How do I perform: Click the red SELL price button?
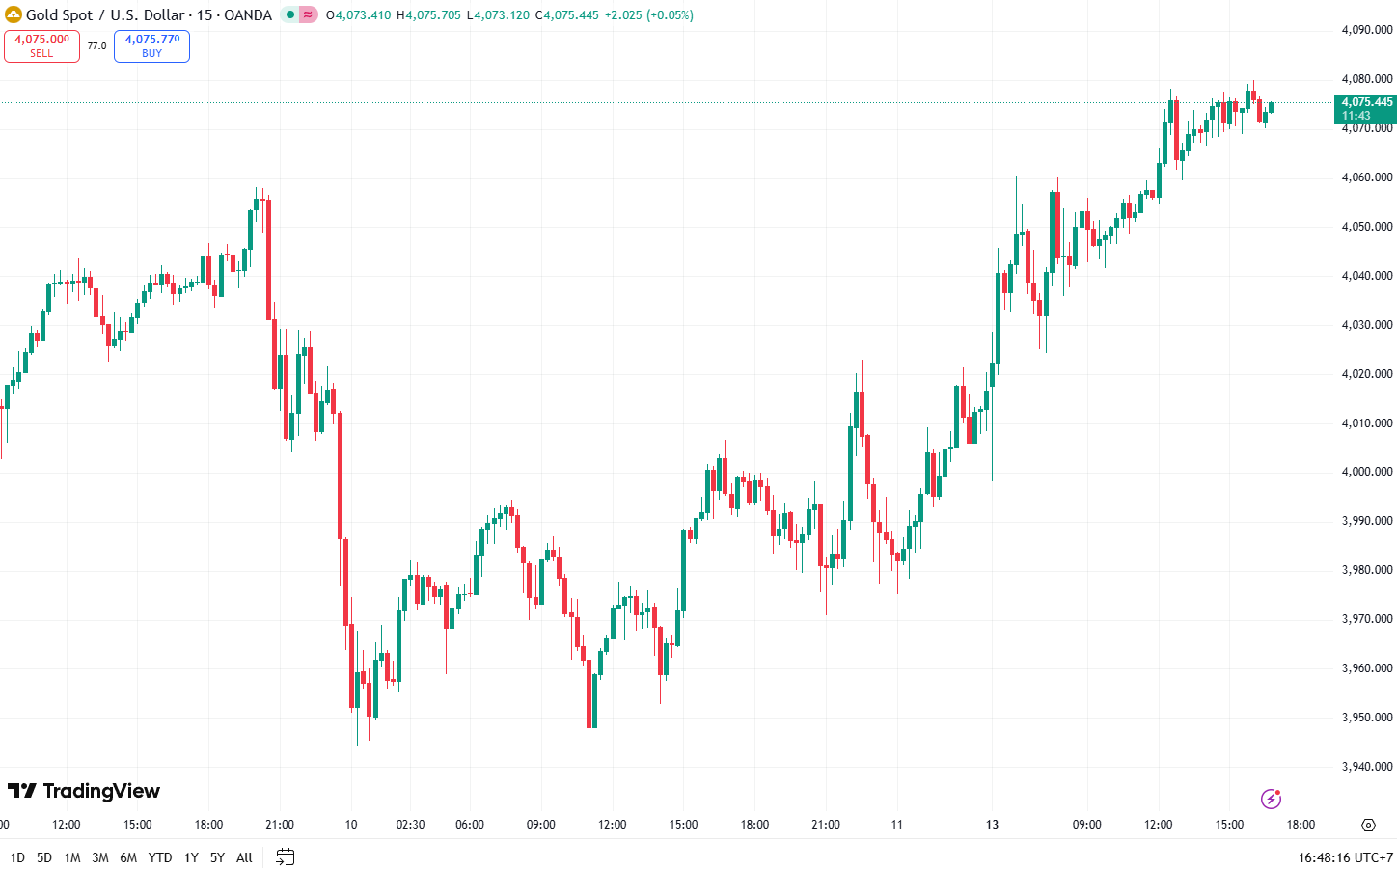pos(41,45)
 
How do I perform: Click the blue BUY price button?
pos(151,45)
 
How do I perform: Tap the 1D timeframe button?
pos(17,857)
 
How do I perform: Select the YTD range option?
pos(160,857)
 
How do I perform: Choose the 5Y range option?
pos(217,857)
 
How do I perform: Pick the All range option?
pos(244,857)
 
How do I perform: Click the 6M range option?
pos(128,857)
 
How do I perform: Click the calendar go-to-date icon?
pos(285,856)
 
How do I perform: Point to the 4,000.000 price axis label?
pos(1367,472)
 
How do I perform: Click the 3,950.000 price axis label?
pos(1367,718)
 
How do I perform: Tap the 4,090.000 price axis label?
pos(1367,30)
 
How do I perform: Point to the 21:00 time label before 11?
pos(826,825)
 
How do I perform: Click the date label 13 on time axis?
pos(992,825)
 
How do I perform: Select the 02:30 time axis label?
pos(410,825)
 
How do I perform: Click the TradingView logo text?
pos(84,791)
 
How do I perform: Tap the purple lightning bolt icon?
pos(1271,799)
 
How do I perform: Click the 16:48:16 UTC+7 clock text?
pos(1345,857)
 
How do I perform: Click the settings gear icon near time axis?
pos(1368,825)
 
